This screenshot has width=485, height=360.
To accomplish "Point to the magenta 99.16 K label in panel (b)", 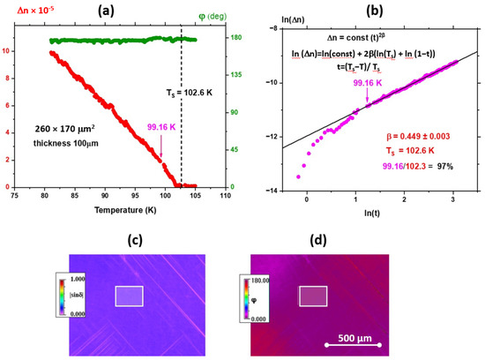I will coord(368,82).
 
